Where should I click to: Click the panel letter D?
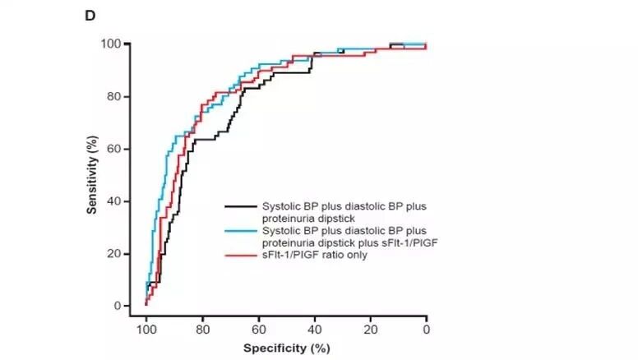tap(90, 16)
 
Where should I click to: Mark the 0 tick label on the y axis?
tap(118, 306)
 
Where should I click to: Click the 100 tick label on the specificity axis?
tap(146, 330)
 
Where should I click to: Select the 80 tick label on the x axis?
tap(202, 330)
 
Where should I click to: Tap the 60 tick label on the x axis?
tap(259, 330)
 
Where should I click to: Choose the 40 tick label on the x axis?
tap(315, 330)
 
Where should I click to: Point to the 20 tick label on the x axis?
tap(371, 330)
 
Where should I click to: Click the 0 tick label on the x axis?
tap(427, 330)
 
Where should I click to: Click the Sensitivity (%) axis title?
tap(92, 175)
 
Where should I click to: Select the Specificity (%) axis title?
tap(287, 348)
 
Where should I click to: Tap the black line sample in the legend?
tap(241, 206)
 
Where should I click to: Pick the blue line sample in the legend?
tap(241, 231)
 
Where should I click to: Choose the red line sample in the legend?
tap(241, 256)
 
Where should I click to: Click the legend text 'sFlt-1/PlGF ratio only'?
tap(315, 255)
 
